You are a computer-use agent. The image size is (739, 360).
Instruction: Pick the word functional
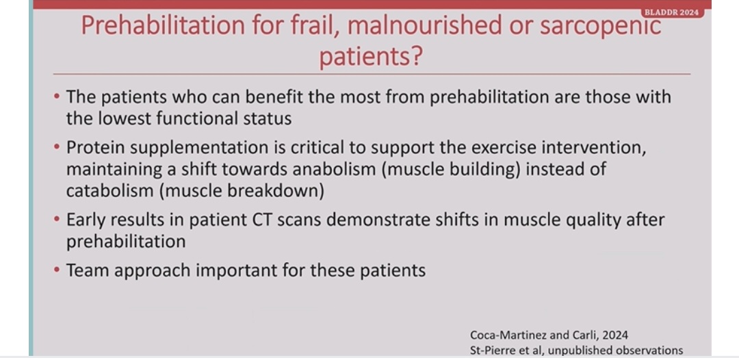click(205, 118)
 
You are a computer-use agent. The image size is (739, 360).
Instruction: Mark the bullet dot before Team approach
click(57, 270)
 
